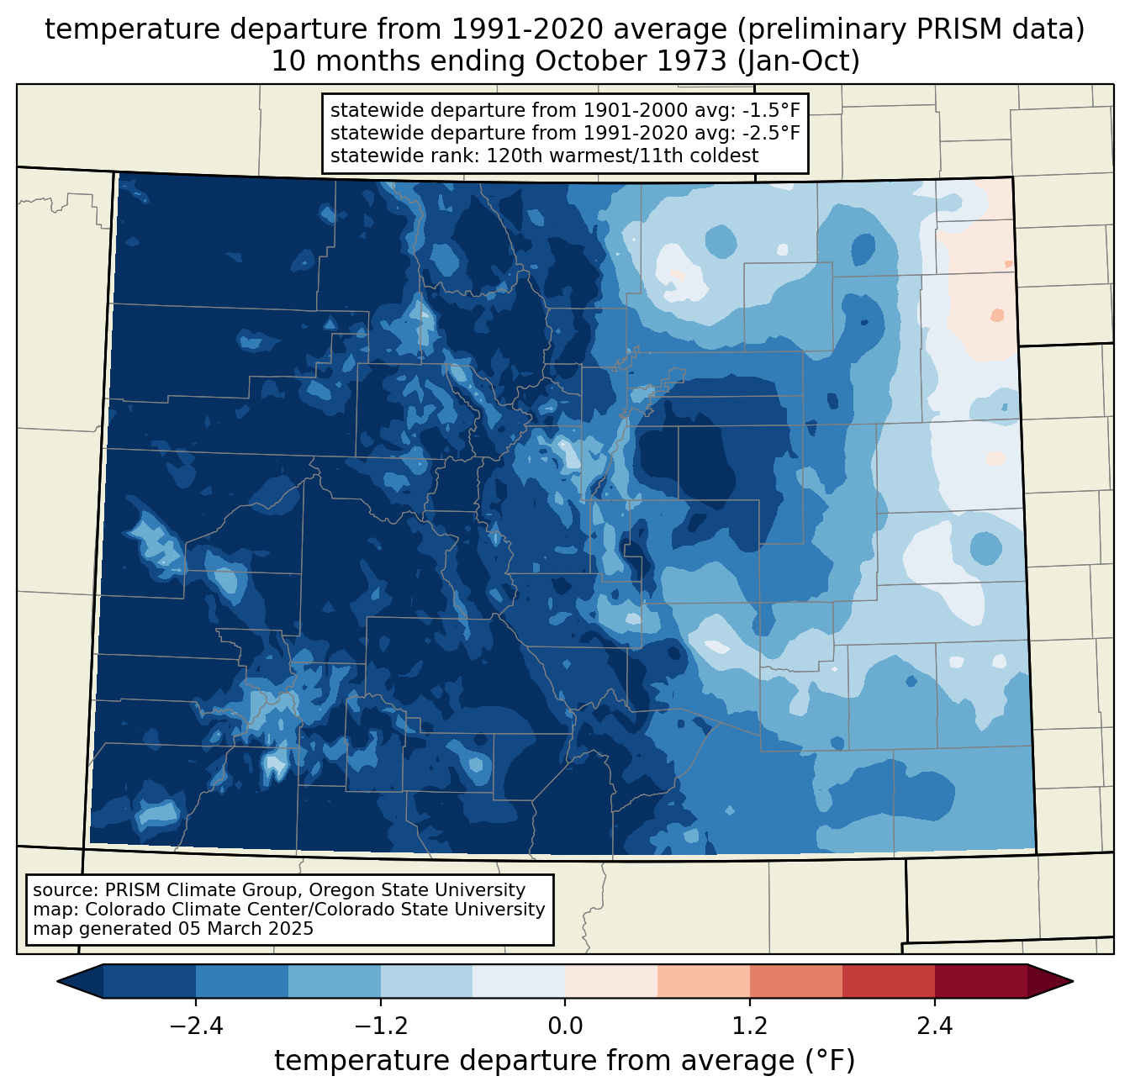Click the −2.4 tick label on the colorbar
(x=196, y=1026)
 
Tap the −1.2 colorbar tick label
(x=380, y=1026)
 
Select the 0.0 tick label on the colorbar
(x=565, y=1026)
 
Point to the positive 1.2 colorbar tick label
(x=750, y=1026)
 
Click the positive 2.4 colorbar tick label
(x=935, y=1026)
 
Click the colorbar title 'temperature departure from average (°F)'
(x=565, y=1061)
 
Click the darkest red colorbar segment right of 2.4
(x=980, y=981)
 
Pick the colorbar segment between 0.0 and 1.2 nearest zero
(x=611, y=981)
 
